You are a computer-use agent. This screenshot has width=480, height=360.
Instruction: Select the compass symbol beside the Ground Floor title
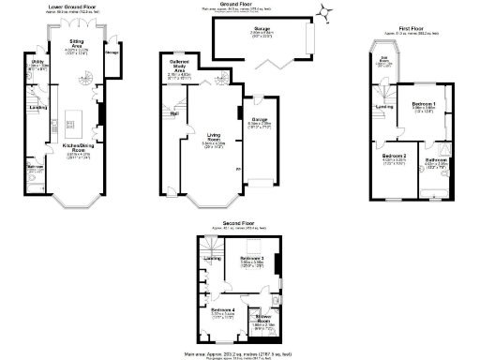[324, 10]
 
